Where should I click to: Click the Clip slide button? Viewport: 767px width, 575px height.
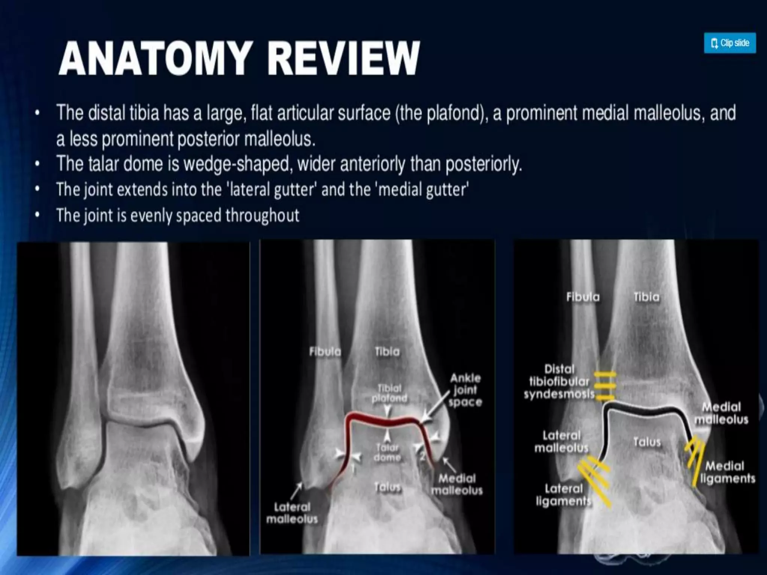coord(730,43)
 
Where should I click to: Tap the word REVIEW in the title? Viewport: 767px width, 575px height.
coord(343,59)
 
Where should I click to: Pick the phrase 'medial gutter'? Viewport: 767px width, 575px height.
coord(423,189)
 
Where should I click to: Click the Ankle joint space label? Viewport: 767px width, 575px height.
coord(465,390)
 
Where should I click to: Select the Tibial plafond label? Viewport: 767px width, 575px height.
coord(389,393)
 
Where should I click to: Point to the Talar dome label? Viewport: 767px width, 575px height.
coord(387,452)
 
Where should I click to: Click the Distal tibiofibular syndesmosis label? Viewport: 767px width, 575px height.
coord(559,381)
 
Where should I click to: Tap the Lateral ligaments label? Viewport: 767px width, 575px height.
coord(563,495)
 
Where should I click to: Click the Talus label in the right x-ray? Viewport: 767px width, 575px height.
coord(647,442)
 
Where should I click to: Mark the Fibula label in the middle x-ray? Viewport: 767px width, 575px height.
coord(325,352)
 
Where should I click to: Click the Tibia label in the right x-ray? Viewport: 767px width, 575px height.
coord(646,297)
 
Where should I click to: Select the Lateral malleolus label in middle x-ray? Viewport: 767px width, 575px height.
coord(292,513)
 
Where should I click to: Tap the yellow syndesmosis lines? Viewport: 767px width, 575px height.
coord(604,386)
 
